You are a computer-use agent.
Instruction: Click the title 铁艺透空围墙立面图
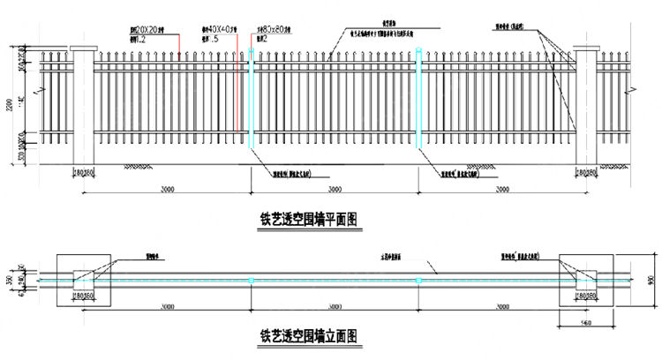pos(306,335)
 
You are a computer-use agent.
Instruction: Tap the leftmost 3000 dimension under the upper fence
pos(168,189)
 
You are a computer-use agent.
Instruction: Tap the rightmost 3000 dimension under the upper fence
pos(501,189)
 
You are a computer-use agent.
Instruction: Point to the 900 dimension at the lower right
pos(651,280)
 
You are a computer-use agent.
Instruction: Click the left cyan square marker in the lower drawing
pos(251,281)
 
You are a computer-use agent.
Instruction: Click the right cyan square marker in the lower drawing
pos(418,281)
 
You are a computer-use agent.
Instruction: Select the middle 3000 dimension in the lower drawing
pos(335,306)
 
